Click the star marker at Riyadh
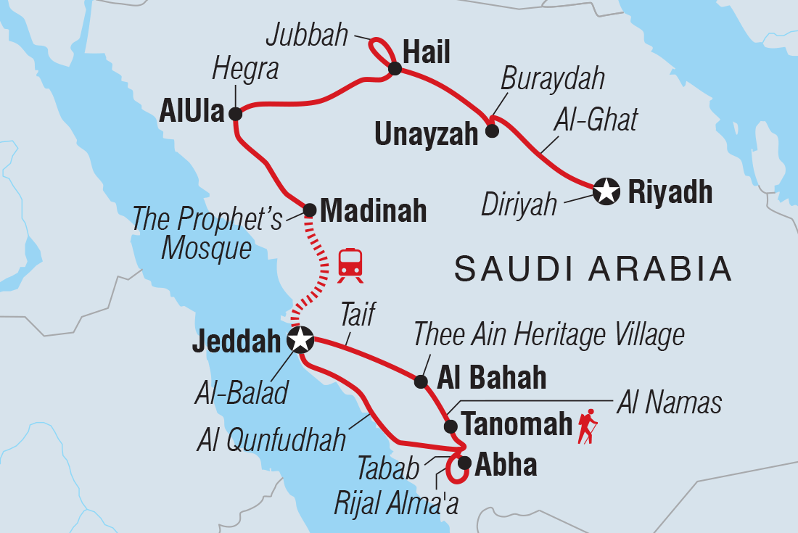(606, 192)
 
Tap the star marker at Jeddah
(300, 339)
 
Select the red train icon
(350, 263)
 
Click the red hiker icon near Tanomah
(588, 426)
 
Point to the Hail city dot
(395, 69)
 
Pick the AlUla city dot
(235, 114)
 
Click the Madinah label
(373, 211)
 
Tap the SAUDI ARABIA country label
(593, 269)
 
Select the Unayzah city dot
(492, 131)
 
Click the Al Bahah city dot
(420, 381)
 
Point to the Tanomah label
(517, 425)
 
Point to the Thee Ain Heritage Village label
(548, 335)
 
